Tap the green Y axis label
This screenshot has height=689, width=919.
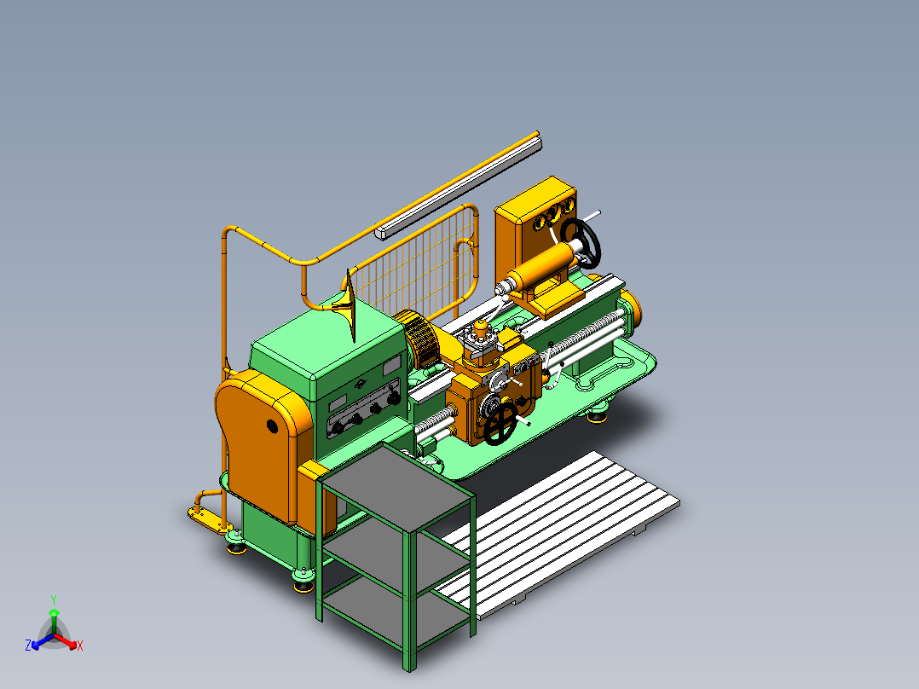(x=53, y=599)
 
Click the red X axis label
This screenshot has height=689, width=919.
(x=80, y=646)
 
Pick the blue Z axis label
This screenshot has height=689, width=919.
(x=28, y=646)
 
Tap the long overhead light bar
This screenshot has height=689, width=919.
(x=460, y=183)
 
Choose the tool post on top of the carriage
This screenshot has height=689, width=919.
(x=483, y=341)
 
